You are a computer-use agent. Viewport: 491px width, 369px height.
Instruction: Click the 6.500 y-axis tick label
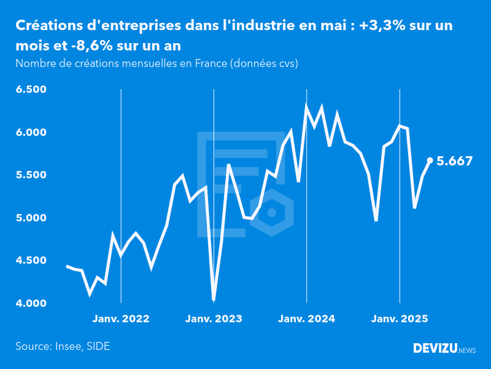tap(31, 90)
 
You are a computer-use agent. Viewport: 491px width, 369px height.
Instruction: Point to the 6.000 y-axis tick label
tap(31, 133)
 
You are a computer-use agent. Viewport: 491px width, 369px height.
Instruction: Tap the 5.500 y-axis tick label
tap(31, 175)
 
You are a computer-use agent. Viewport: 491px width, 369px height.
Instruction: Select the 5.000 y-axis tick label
tap(31, 218)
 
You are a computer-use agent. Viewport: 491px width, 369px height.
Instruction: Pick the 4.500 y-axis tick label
tap(31, 261)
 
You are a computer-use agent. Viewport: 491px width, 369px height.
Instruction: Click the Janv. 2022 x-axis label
tap(121, 319)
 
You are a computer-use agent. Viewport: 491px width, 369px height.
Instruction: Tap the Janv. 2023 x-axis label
tap(214, 319)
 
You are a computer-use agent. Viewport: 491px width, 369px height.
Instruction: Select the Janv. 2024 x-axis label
tap(306, 319)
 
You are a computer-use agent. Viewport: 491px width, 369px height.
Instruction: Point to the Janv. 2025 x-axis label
tap(400, 319)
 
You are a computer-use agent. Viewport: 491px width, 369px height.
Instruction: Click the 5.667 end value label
tap(454, 161)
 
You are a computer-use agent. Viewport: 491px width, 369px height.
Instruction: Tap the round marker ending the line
tap(430, 160)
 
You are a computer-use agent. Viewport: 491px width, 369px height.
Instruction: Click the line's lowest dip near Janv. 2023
tap(214, 300)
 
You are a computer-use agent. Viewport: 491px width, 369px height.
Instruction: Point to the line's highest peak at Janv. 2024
tap(306, 106)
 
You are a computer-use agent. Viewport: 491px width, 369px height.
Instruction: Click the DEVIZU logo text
tap(435, 349)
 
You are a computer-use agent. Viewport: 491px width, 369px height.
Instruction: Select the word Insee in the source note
tap(68, 346)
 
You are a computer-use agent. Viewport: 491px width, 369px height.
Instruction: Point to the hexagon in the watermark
tap(272, 213)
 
